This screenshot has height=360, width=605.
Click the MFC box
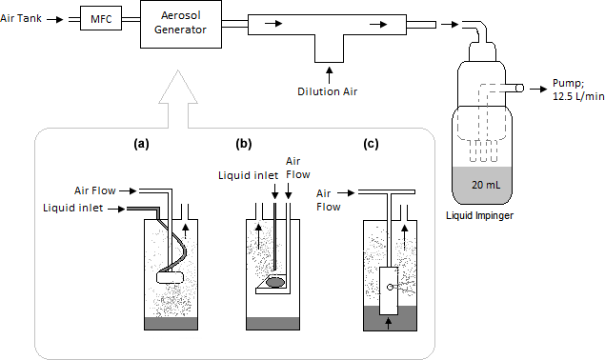pyautogui.click(x=101, y=18)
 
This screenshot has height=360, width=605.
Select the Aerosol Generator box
pyautogui.click(x=181, y=24)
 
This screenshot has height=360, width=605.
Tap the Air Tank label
pyautogui.click(x=21, y=18)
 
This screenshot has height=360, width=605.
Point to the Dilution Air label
pyautogui.click(x=327, y=91)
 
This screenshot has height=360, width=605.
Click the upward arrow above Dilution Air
pyautogui.click(x=329, y=75)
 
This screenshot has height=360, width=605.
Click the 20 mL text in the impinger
pyautogui.click(x=486, y=185)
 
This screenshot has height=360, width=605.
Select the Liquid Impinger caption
pyautogui.click(x=479, y=215)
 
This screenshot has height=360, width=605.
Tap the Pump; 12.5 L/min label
pyautogui.click(x=578, y=90)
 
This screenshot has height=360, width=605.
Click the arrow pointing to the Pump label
pyautogui.click(x=538, y=90)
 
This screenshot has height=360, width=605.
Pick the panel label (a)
pyautogui.click(x=141, y=144)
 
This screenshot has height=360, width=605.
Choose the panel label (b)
pyautogui.click(x=244, y=144)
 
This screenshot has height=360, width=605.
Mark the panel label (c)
pyautogui.click(x=371, y=144)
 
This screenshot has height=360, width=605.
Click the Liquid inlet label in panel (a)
pyautogui.click(x=73, y=208)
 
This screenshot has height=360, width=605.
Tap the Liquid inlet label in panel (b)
pyautogui.click(x=248, y=175)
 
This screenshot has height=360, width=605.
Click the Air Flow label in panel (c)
pyautogui.click(x=329, y=200)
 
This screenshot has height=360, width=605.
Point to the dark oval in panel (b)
pyautogui.click(x=276, y=282)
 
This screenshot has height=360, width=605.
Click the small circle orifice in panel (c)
pyautogui.click(x=390, y=287)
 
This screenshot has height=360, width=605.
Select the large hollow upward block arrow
pyautogui.click(x=178, y=99)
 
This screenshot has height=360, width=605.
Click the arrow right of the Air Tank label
pyautogui.click(x=55, y=19)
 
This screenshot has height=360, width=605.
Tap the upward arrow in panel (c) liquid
pyautogui.click(x=389, y=324)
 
